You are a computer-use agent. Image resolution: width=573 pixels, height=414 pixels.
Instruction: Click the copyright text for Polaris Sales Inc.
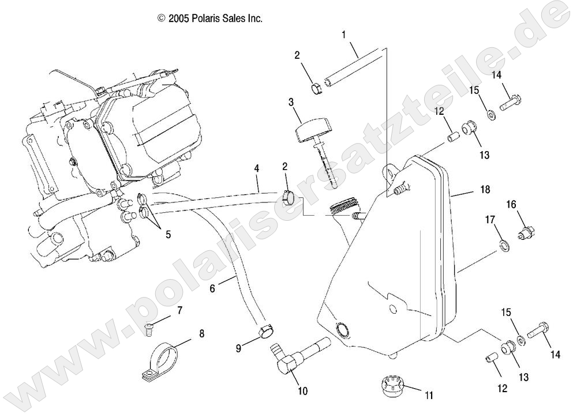pos(210,18)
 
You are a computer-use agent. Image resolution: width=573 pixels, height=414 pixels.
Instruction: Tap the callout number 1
pos(344,35)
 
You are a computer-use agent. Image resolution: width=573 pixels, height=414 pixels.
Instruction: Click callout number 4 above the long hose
pos(256,169)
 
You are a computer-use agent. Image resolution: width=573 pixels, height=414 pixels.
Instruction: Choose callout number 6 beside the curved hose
pos(213,289)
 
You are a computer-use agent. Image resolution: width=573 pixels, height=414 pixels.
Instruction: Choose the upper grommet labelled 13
pos(469,126)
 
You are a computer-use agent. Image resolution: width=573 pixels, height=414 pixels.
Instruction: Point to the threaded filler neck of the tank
pos(344,207)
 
